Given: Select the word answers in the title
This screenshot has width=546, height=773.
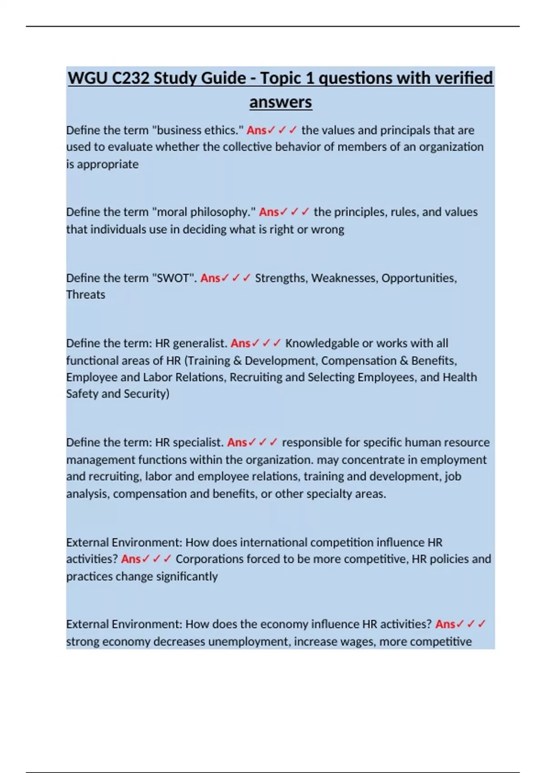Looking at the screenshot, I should coord(280,102).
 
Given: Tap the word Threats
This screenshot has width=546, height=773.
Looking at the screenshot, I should coord(86,295).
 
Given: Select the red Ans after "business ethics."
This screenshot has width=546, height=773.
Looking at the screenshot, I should coord(257,130).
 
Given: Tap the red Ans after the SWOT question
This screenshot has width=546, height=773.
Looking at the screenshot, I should coord(210,278).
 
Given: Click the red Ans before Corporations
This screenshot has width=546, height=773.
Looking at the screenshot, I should coord(131,559).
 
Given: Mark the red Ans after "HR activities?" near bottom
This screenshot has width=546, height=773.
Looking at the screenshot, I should coord(445,624).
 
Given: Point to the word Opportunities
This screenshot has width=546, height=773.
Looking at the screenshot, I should coord(419,278).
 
